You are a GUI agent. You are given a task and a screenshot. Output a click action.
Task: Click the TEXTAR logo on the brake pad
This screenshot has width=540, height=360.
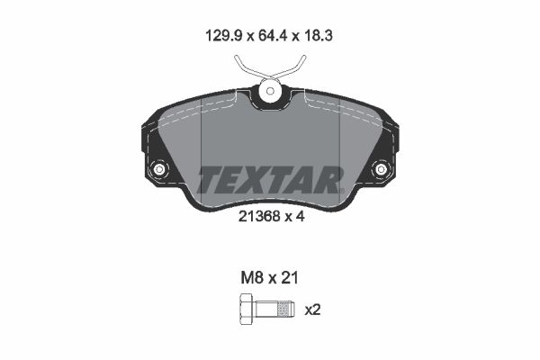pyautogui.click(x=270, y=179)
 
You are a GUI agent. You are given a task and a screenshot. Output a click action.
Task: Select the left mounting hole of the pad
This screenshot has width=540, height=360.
pyautogui.click(x=160, y=169)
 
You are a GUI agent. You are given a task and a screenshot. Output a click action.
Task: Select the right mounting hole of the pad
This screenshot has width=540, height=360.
pyautogui.click(x=381, y=169)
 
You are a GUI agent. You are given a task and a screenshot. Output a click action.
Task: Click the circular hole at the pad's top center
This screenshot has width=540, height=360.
pyautogui.click(x=269, y=90)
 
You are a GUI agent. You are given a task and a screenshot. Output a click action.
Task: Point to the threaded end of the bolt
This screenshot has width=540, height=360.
pyautogui.click(x=284, y=310)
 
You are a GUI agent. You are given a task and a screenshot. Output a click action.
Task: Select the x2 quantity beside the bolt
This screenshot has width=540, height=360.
pyautogui.click(x=313, y=310)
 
